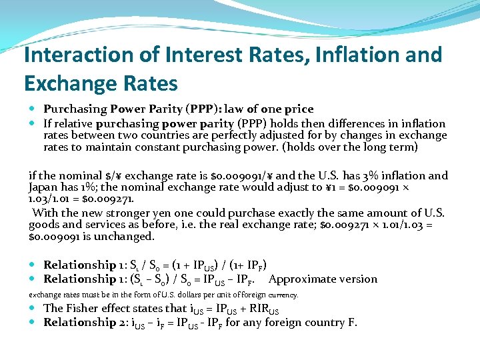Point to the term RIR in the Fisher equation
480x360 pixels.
click(256, 309)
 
